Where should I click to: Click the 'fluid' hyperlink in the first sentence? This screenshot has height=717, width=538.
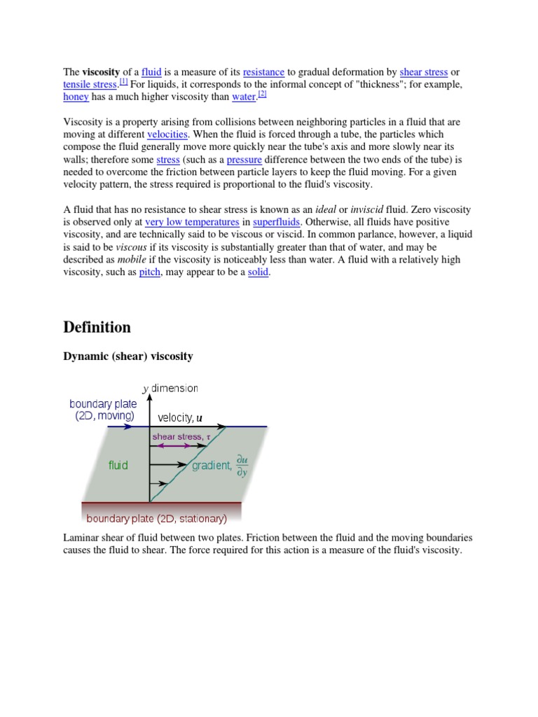pyautogui.click(x=151, y=72)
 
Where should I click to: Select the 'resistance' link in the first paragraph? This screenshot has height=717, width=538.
pyautogui.click(x=263, y=72)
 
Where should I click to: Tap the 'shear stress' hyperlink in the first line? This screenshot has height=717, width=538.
pyautogui.click(x=424, y=72)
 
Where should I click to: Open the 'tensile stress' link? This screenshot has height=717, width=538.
pyautogui.click(x=90, y=85)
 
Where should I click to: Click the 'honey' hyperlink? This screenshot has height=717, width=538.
pyautogui.click(x=76, y=97)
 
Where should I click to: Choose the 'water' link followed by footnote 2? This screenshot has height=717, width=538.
pyautogui.click(x=244, y=97)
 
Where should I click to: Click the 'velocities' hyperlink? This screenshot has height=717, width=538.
pyautogui.click(x=168, y=134)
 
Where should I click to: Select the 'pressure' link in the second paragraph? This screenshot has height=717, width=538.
pyautogui.click(x=244, y=160)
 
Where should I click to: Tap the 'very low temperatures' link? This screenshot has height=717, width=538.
pyautogui.click(x=192, y=222)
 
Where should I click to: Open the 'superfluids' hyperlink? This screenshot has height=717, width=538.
pyautogui.click(x=277, y=222)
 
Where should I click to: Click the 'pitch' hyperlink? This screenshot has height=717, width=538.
pyautogui.click(x=149, y=272)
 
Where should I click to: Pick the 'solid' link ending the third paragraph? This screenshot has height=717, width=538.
pyautogui.click(x=258, y=272)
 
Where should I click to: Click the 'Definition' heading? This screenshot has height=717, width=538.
pyautogui.click(x=97, y=327)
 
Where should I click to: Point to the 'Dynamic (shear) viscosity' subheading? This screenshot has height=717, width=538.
pyautogui.click(x=127, y=356)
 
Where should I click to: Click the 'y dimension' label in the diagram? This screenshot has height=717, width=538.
pyautogui.click(x=170, y=388)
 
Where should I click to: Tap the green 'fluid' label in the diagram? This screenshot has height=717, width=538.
pyautogui.click(x=118, y=465)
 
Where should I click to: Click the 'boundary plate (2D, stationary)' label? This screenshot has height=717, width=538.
pyautogui.click(x=156, y=519)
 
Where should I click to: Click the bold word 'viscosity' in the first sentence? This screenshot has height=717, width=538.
pyautogui.click(x=101, y=72)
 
